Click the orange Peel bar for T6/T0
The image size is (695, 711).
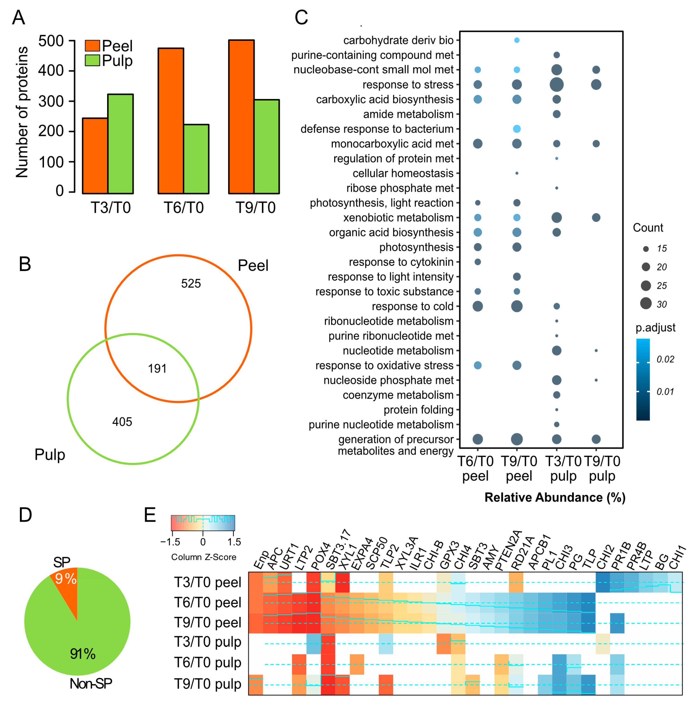[171, 120]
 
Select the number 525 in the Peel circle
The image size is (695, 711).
[191, 284]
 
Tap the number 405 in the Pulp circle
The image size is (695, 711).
[122, 422]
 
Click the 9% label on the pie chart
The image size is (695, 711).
[66, 579]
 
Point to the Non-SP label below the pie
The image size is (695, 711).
[91, 684]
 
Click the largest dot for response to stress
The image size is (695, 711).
[556, 85]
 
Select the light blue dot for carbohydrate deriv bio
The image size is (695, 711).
[517, 40]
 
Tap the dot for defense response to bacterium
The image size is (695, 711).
[517, 129]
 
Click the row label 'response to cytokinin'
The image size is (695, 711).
[401, 262]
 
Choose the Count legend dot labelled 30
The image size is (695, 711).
[646, 303]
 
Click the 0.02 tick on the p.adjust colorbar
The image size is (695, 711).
[665, 359]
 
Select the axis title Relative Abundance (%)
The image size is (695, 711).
[555, 497]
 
